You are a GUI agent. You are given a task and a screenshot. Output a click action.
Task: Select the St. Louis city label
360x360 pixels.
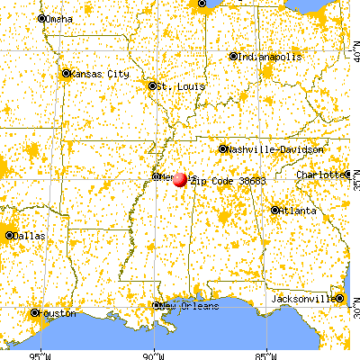[173, 86]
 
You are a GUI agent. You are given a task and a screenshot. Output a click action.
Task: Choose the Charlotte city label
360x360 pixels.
[321, 174]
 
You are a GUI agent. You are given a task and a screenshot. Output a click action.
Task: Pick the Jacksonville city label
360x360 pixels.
[303, 298]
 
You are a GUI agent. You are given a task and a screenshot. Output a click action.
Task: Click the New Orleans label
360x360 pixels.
[190, 306]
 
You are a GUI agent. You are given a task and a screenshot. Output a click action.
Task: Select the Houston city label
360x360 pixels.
[56, 313]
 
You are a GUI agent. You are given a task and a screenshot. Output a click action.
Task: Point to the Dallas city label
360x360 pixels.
[31, 236]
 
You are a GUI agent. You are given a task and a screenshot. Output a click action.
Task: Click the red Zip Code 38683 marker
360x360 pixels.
[180, 179]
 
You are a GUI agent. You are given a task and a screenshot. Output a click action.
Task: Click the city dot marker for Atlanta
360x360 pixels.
[274, 211]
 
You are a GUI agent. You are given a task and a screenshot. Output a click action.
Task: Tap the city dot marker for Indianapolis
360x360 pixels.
[233, 56]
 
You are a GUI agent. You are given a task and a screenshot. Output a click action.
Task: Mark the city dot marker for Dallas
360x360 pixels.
[10, 236]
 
